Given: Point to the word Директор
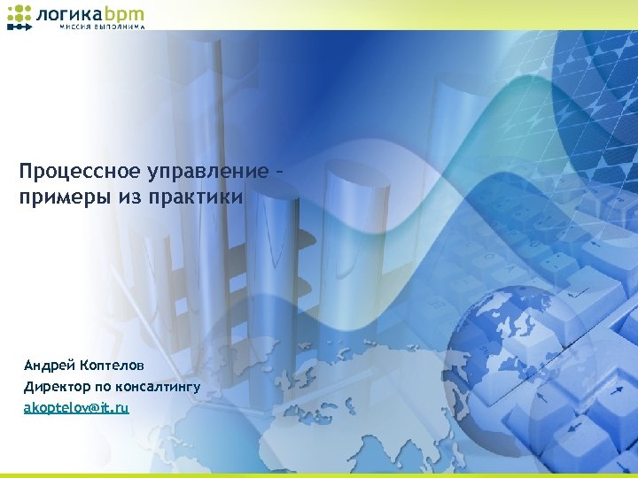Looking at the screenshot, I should point(56,386).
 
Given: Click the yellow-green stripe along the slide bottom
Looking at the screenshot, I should point(319,475).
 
